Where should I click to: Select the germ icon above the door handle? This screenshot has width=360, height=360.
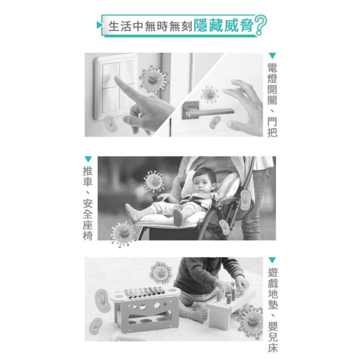(210, 95)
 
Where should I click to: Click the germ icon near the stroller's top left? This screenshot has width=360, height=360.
(154, 181)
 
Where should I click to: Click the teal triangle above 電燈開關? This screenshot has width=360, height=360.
(272, 56)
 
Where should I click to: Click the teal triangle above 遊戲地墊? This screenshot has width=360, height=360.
(272, 260)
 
